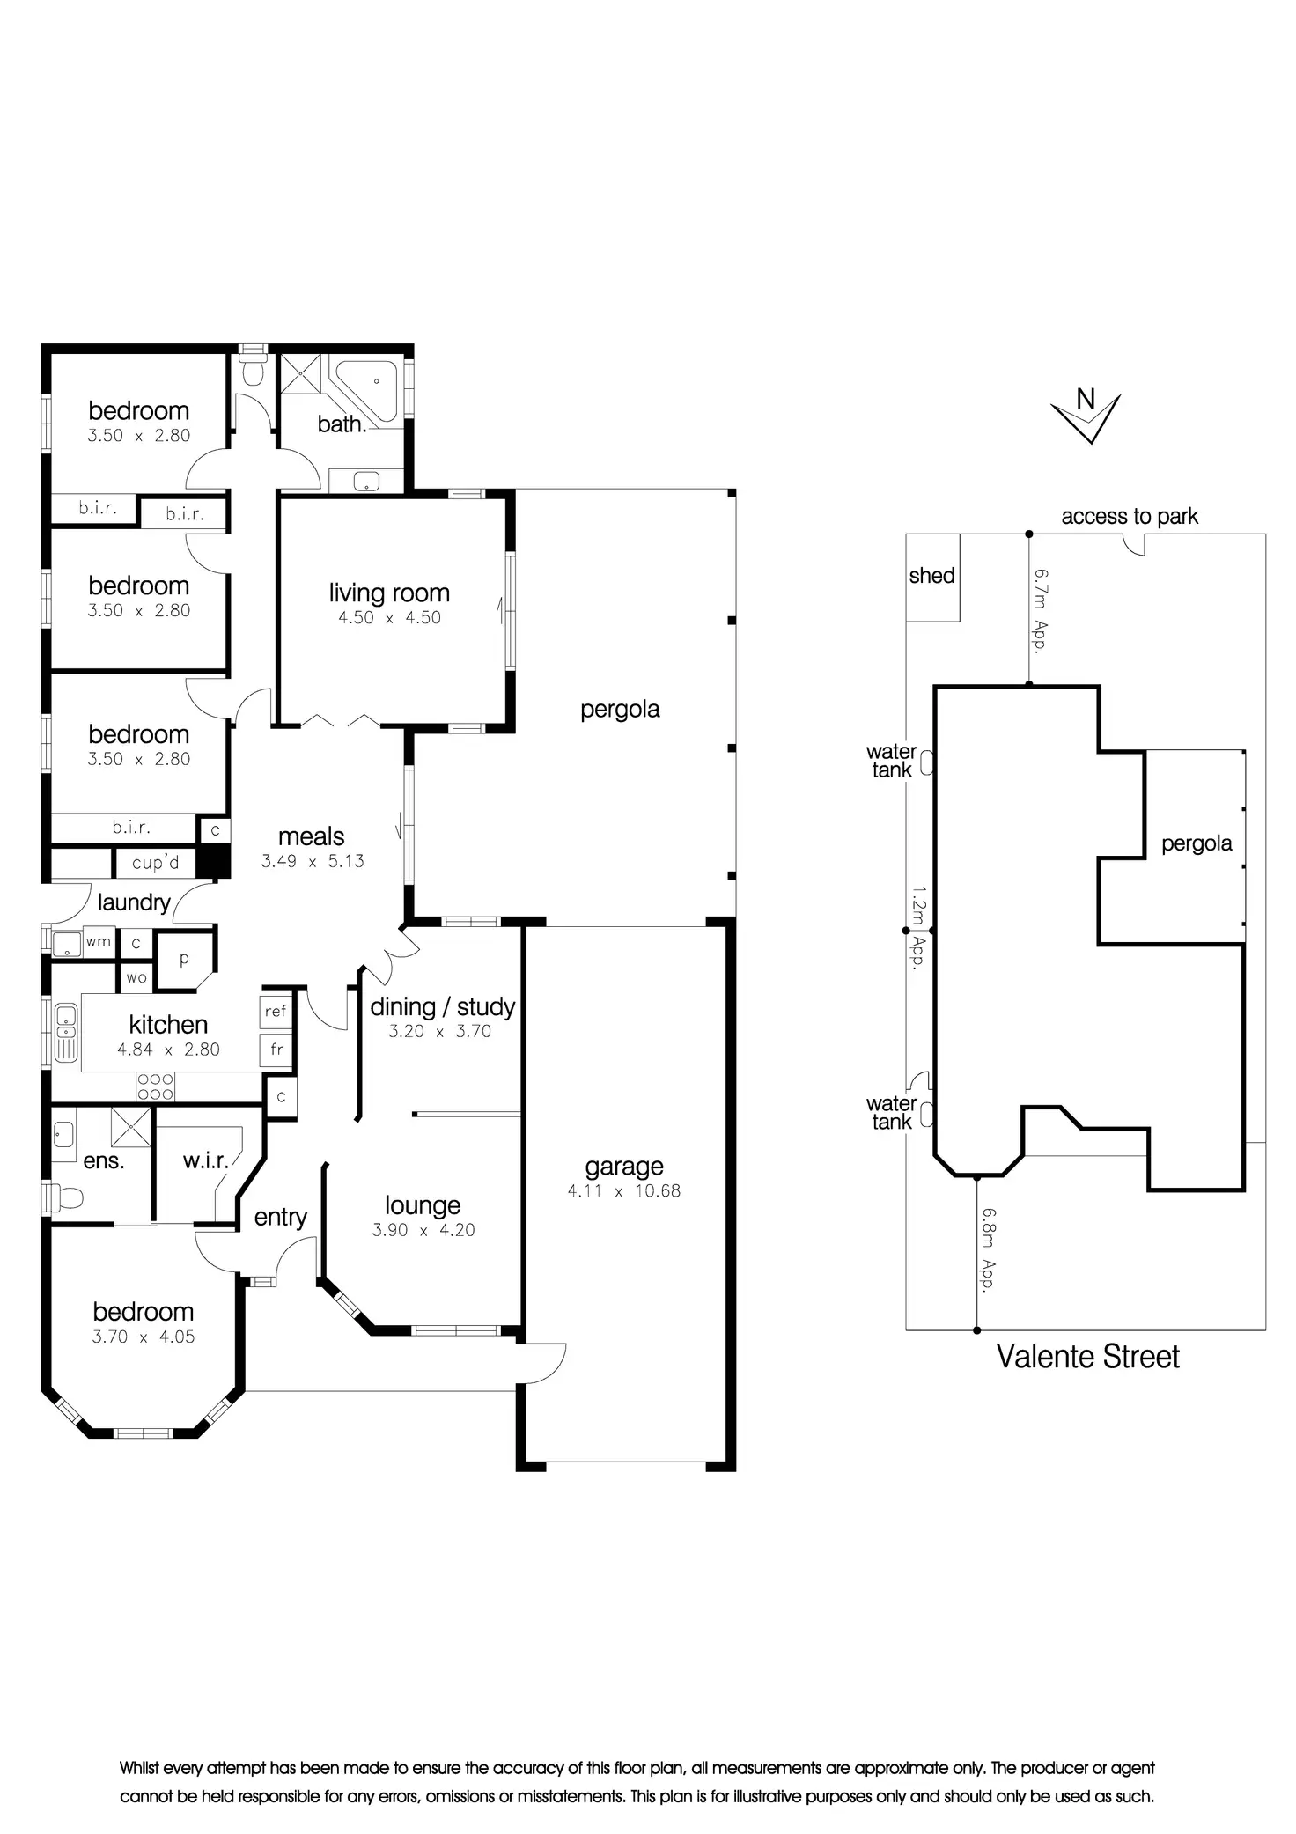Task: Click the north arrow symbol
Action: point(1086,416)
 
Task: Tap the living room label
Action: point(389,593)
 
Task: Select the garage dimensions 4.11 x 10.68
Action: point(624,1191)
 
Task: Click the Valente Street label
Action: point(1087,1356)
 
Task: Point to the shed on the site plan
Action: point(932,578)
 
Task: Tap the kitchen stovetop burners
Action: point(154,1086)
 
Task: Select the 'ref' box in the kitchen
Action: point(276,1012)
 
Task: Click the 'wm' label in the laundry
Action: point(99,941)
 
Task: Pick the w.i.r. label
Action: point(206,1160)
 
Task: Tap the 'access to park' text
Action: point(1130,517)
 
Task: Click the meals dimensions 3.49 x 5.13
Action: point(313,861)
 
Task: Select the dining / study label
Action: point(443,1007)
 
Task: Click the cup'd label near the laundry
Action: point(155,863)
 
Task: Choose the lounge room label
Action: point(423,1206)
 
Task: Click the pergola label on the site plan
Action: point(1197,843)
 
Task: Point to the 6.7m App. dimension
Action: point(1041,610)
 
